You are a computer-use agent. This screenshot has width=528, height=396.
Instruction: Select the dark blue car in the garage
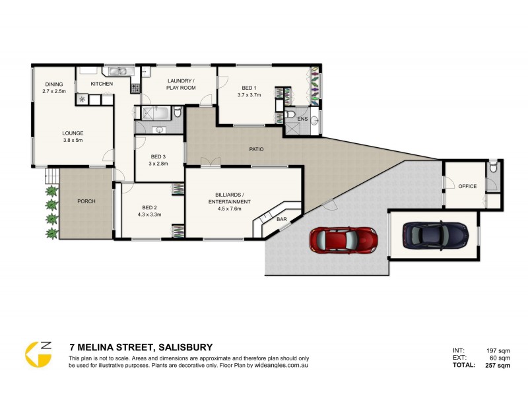coord(435,234)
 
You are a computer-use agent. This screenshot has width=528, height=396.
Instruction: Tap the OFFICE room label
coord(467,187)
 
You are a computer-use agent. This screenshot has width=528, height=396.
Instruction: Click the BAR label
coord(281,218)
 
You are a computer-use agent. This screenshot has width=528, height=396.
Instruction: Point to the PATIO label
coord(256,149)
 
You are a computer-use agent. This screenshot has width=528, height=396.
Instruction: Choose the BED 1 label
coord(249,88)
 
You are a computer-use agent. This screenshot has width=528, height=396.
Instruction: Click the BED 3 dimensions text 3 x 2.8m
coord(158,164)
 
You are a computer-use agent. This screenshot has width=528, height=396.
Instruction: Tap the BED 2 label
coord(150,207)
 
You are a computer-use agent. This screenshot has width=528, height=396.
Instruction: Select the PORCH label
coord(86,201)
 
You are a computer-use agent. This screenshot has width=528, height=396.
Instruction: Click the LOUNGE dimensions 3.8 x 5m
coord(73,140)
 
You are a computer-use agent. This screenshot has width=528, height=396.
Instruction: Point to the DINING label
coord(54,84)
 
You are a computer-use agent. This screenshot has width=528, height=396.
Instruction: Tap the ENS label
coord(303,119)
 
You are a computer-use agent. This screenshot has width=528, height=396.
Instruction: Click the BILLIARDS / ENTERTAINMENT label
coord(233,198)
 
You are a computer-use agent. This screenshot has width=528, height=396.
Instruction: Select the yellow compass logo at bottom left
coord(38,355)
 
